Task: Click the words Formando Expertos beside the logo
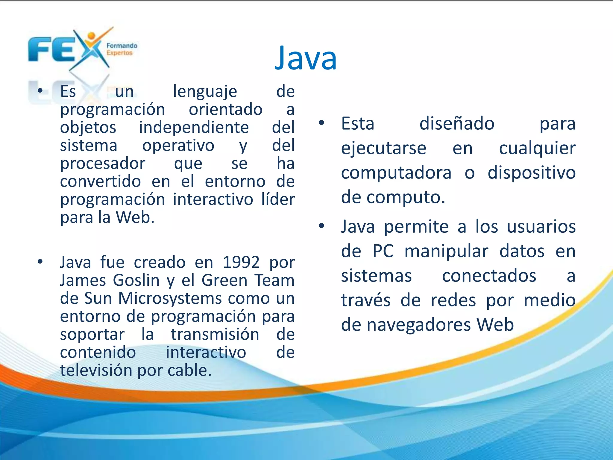122,49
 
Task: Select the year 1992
241,262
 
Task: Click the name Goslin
136,281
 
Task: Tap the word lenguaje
205,91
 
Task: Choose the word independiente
194,127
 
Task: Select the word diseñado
457,124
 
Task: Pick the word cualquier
537,148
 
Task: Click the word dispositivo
532,173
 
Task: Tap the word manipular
446,251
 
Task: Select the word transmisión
215,335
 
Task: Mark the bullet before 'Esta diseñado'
321,122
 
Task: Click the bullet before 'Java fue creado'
40,262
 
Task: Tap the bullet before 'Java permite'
321,226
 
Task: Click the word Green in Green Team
224,281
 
